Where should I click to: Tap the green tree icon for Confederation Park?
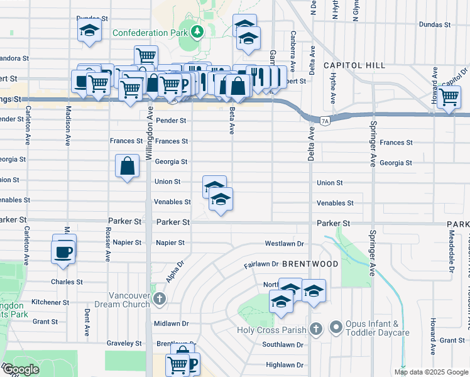tap(197, 31)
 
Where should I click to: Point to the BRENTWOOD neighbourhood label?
tap(310, 265)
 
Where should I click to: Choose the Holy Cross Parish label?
tap(271, 330)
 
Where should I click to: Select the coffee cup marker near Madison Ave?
tap(64, 251)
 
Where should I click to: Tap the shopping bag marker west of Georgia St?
tap(127, 167)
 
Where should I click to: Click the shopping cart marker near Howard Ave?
tap(449, 97)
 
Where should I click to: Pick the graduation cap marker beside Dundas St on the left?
tap(89, 30)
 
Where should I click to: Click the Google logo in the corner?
tap(20, 370)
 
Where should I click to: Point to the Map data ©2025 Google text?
tap(430, 372)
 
